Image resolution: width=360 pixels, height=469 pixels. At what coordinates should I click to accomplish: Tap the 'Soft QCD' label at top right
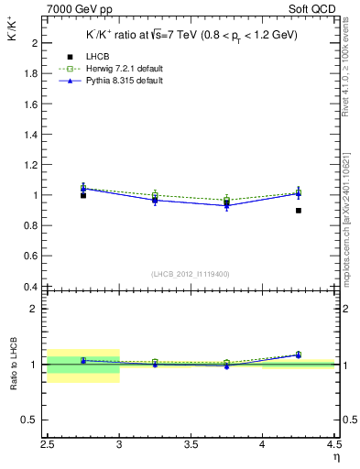[316, 9]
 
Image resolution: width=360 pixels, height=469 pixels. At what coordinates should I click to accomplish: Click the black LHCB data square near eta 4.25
[298, 211]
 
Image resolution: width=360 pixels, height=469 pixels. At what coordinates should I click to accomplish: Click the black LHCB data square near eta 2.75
[83, 195]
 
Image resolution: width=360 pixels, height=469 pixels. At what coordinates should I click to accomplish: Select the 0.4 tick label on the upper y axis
[30, 287]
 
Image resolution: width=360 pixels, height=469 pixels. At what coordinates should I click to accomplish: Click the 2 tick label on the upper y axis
[34, 43]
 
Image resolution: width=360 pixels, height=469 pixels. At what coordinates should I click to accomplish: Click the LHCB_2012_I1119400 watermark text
[191, 274]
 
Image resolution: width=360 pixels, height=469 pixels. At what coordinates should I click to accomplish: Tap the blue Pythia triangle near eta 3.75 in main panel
[226, 205]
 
